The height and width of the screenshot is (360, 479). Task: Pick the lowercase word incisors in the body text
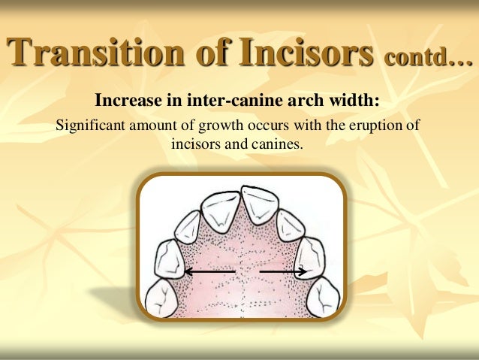tap(195, 142)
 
